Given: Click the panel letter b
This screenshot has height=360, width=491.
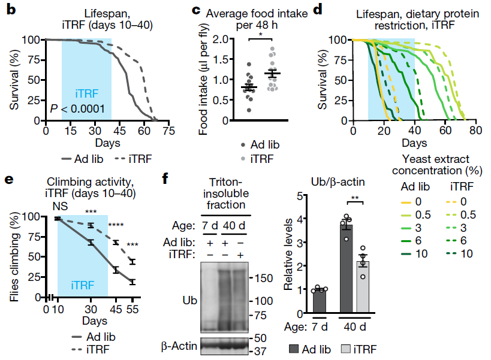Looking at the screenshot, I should coord(10,10).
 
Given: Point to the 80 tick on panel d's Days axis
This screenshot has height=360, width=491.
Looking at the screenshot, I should coord(475,129).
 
